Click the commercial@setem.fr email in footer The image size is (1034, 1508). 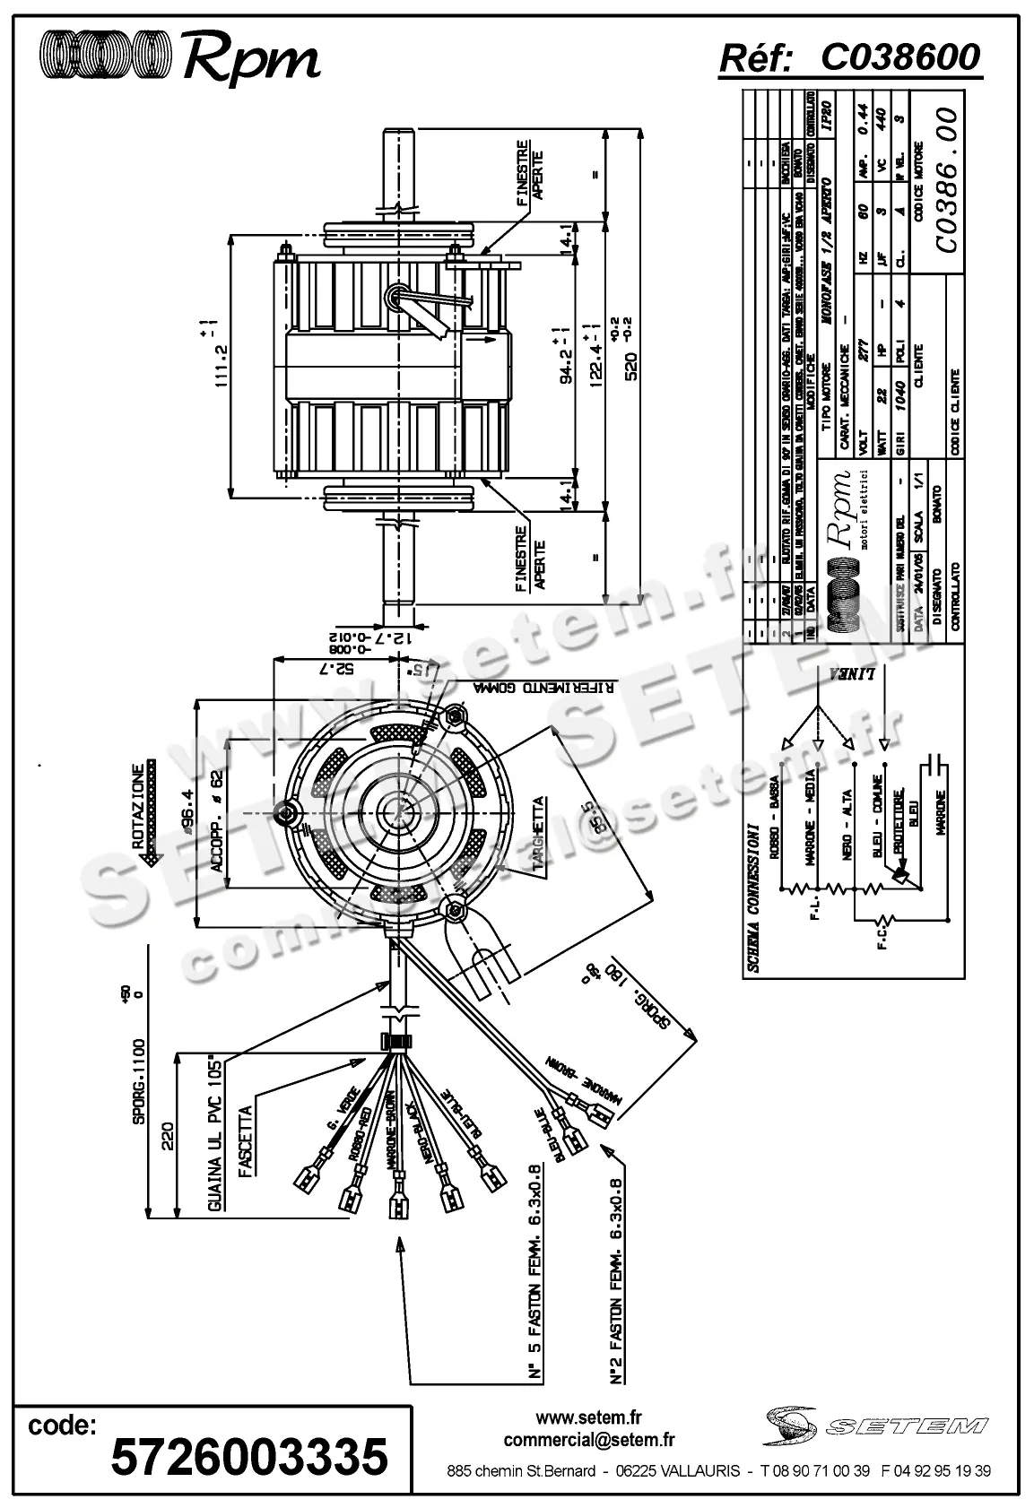point(589,1439)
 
